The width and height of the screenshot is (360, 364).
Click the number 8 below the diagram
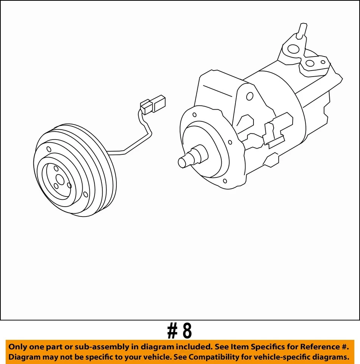click(187, 331)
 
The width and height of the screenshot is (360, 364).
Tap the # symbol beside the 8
click(172, 331)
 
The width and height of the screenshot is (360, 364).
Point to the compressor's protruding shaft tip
click(182, 162)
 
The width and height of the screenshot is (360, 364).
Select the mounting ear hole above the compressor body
click(250, 96)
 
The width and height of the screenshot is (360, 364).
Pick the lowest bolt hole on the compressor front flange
click(225, 181)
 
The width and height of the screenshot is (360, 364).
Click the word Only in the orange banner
click(18, 347)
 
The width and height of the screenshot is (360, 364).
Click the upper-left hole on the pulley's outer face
click(48, 149)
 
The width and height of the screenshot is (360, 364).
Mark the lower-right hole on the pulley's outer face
click(85, 195)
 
